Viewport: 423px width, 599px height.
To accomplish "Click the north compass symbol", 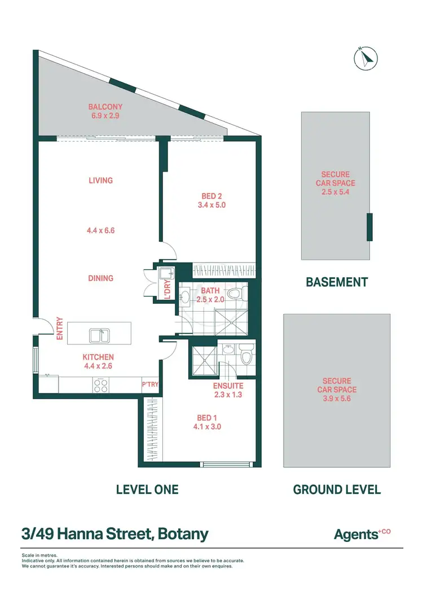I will [x=365, y=57].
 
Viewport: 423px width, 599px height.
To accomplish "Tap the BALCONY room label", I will [x=105, y=107].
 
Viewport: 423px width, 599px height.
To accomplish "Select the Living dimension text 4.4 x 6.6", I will [x=101, y=230].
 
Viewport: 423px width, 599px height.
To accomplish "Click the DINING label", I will [x=100, y=278].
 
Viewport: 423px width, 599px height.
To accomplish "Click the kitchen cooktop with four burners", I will [x=100, y=386].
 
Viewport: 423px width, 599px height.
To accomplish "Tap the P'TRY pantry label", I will [x=149, y=384].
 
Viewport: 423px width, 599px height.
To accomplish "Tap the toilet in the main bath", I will [x=241, y=294].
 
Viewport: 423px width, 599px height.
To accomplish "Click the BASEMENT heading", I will [x=337, y=282].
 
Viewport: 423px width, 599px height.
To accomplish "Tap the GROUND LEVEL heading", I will [x=337, y=489].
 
